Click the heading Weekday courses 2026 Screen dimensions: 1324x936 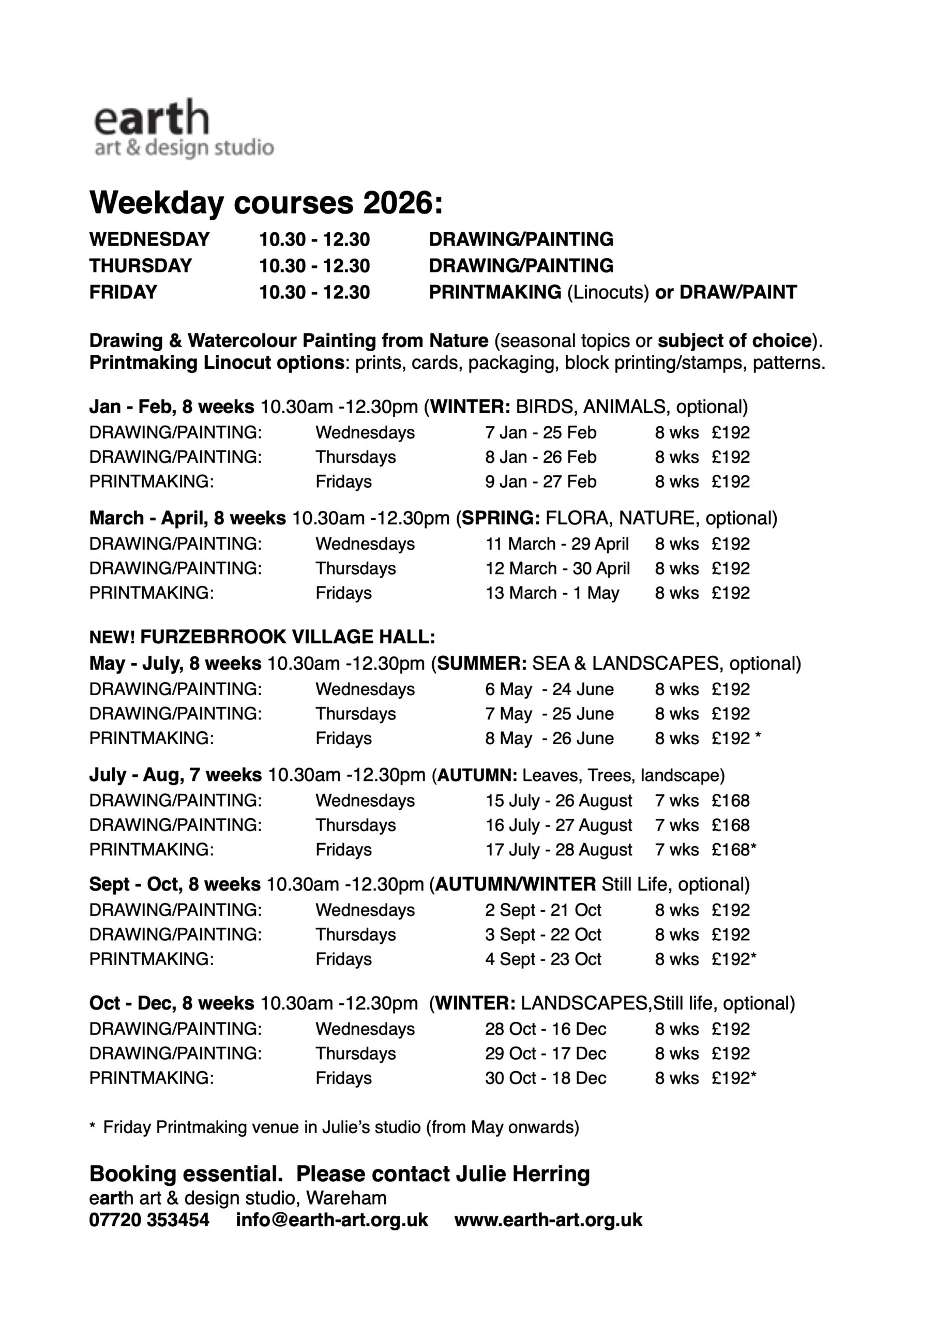266,203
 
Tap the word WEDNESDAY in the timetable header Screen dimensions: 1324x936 149,239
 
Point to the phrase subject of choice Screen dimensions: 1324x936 735,341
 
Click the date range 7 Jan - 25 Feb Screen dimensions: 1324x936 540,432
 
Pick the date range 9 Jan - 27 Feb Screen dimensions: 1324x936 540,482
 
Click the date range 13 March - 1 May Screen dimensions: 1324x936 552,593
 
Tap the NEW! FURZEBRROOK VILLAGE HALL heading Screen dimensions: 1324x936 262,637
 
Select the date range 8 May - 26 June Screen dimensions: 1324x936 549,738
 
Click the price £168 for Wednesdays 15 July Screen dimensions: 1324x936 730,801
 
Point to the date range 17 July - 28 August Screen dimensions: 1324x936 558,849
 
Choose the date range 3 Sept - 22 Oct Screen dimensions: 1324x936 542,934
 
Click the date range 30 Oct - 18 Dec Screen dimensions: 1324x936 545,1078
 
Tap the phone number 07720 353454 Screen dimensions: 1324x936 149,1220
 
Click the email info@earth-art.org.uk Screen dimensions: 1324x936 331,1220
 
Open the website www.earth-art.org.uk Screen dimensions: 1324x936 548,1220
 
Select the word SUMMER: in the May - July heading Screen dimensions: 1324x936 481,664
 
